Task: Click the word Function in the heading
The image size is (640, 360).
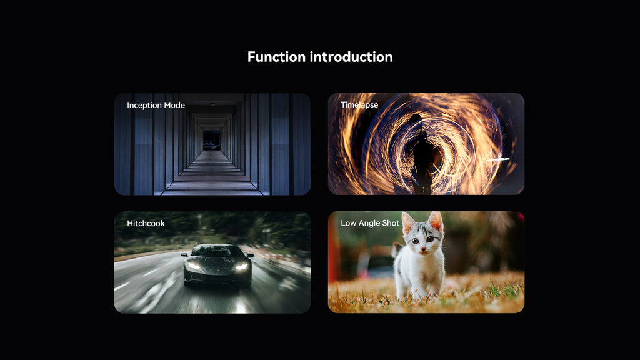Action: point(276,57)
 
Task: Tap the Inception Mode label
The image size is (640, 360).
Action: point(156,105)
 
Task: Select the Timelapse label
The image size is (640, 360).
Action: point(359,105)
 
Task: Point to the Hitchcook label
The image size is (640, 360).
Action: point(146,223)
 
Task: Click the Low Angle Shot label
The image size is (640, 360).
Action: point(370,223)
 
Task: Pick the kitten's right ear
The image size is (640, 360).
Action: point(436,222)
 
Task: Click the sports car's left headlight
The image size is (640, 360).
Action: point(194,266)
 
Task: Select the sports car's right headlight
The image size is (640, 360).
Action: point(242,267)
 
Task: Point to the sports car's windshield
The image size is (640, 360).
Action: point(216,251)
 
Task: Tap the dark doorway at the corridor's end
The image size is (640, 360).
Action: point(211,140)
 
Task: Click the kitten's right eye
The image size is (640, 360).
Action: point(430,239)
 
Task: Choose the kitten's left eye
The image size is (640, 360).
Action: point(415,241)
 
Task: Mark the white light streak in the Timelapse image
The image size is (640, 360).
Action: point(497,159)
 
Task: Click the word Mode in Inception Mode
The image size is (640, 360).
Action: point(174,105)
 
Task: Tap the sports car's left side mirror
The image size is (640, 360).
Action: point(184,255)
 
